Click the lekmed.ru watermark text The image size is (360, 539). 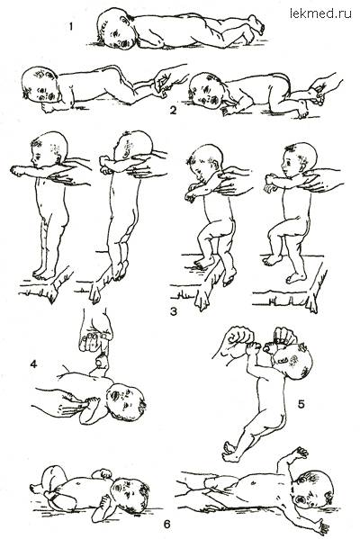click(x=320, y=13)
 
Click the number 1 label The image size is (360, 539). click(x=71, y=26)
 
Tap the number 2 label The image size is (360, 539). click(x=173, y=111)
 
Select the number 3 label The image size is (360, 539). click(x=174, y=311)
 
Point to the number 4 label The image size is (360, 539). click(x=33, y=364)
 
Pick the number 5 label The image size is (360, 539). click(x=301, y=404)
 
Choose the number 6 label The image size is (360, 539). click(x=166, y=525)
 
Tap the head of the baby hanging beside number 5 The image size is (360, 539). click(x=293, y=361)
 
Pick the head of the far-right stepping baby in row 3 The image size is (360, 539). click(x=299, y=161)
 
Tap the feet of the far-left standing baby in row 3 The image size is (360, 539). click(x=44, y=274)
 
